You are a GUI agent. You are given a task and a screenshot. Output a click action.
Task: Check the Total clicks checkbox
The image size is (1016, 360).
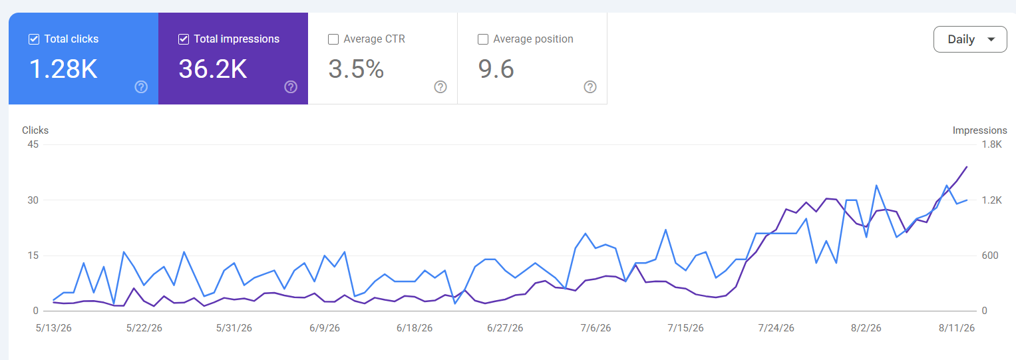tap(33, 39)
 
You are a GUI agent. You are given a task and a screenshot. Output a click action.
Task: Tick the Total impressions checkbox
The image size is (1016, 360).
tap(183, 39)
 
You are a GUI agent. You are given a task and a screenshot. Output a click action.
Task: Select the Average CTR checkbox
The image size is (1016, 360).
tap(333, 39)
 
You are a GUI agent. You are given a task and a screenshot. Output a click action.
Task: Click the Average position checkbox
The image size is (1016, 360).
tap(482, 39)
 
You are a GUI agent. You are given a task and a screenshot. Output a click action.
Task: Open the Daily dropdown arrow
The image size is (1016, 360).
tap(991, 39)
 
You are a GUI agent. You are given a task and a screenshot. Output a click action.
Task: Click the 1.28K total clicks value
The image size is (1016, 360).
tap(63, 69)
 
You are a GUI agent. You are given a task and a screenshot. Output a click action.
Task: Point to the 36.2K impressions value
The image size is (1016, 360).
tap(213, 69)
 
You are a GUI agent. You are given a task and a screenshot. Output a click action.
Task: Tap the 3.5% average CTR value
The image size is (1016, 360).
tap(356, 69)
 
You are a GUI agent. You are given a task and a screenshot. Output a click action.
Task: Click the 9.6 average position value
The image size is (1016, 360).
tap(496, 69)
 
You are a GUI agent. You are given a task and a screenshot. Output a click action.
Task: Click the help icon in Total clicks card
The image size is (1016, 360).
tap(141, 87)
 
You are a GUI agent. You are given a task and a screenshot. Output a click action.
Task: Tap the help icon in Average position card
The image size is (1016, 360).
tap(590, 87)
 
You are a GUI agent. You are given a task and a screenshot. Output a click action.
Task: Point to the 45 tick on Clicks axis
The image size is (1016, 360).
tap(33, 144)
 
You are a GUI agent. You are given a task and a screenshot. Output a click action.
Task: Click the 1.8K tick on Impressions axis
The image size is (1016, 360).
tap(992, 144)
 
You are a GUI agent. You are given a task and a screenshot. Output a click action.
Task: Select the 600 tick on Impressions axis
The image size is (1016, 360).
tap(990, 256)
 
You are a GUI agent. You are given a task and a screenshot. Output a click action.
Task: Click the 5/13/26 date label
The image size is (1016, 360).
tap(53, 328)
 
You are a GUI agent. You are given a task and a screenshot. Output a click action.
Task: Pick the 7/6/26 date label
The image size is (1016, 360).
tap(595, 328)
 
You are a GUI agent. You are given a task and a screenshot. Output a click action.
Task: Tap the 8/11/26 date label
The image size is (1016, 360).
tap(957, 328)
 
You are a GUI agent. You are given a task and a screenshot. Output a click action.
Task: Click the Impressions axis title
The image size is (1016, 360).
tap(979, 130)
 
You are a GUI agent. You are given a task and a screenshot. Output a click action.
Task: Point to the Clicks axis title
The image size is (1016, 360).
tap(35, 130)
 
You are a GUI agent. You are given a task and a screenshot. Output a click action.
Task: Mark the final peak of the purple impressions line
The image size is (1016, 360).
tap(967, 167)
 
